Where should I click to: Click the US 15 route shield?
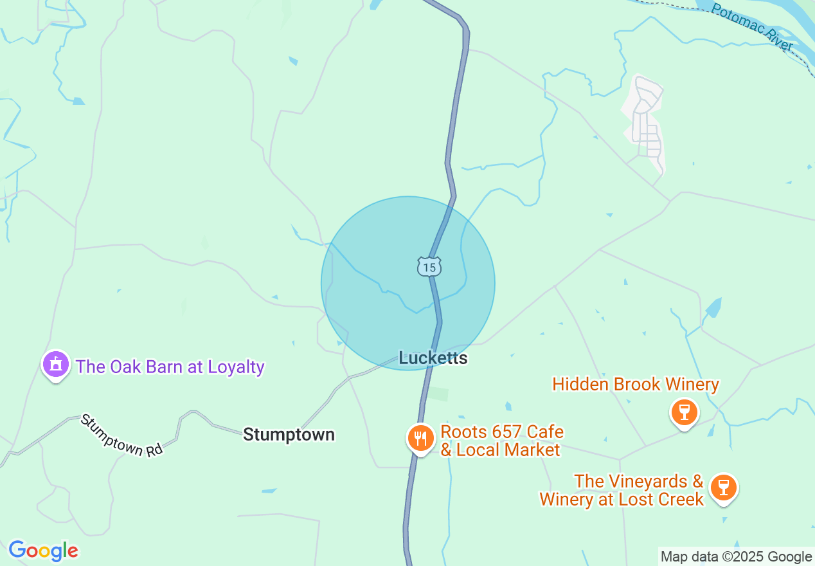coord(429,266)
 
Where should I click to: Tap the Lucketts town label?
coord(433,358)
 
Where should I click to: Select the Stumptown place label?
coord(289,435)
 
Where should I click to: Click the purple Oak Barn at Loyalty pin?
coord(56,365)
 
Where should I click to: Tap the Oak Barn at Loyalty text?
coord(170,367)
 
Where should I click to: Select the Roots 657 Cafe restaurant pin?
coord(420,438)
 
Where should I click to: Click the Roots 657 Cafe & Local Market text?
coord(501,441)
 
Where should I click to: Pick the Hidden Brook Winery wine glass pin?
coord(684,412)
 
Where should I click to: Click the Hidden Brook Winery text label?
coord(636,385)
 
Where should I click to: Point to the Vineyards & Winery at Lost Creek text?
coord(622,490)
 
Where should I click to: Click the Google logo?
coord(43,551)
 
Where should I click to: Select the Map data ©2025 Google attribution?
coord(737,556)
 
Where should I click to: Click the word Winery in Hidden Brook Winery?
coord(692,385)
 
